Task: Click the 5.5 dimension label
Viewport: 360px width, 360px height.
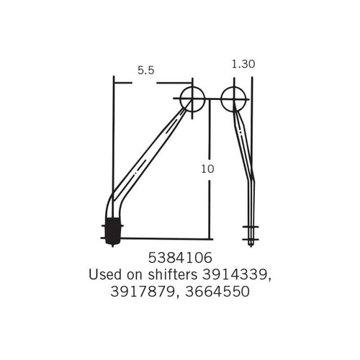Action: tap(146, 70)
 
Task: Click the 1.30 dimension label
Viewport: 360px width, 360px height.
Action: tap(244, 64)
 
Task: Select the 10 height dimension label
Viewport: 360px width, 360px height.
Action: tap(208, 168)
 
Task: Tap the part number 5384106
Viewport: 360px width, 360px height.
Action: tap(180, 257)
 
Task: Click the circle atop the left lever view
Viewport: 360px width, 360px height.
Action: tap(193, 99)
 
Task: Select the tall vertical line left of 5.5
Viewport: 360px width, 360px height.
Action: tap(113, 144)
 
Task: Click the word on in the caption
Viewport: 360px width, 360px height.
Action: tap(134, 274)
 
